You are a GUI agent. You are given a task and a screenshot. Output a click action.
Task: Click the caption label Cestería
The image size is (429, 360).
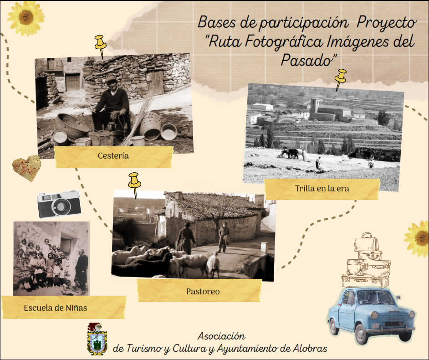click(113, 156)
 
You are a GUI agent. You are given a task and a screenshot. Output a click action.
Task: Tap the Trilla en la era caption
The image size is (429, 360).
click(322, 188)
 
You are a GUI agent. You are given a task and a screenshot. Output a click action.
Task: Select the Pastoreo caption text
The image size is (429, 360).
click(203, 291)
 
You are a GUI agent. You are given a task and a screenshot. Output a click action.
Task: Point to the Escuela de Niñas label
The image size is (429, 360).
click(55, 308)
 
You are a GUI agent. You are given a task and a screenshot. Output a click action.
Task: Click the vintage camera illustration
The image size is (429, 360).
click(59, 204)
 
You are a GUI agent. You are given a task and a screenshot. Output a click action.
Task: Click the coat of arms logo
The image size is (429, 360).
click(97, 339)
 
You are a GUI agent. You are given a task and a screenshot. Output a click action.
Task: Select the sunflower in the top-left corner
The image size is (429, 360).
click(26, 18)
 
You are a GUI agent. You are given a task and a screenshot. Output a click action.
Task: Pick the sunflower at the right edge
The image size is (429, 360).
click(418, 239)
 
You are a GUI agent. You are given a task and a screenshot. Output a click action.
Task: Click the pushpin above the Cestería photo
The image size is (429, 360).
click(100, 46)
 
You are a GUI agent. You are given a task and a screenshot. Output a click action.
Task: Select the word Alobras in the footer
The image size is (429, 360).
click(310, 349)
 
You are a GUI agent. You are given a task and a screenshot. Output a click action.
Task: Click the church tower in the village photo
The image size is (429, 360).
click(314, 109)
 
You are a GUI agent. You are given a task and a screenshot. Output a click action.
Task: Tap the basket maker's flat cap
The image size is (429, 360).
click(111, 79)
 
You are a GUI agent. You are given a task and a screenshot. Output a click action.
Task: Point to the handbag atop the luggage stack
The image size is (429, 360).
click(366, 242)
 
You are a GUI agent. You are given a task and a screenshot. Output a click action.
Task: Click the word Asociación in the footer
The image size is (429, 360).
click(221, 336)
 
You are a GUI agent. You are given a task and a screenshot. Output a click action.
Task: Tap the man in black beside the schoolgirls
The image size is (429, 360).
click(81, 269)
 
